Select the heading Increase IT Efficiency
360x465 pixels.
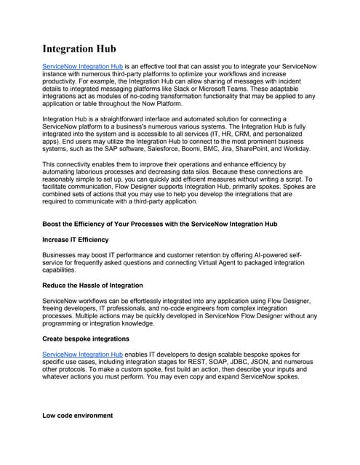click(76, 239)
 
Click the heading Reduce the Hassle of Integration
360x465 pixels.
click(92, 285)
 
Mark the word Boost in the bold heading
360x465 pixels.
click(55, 224)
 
